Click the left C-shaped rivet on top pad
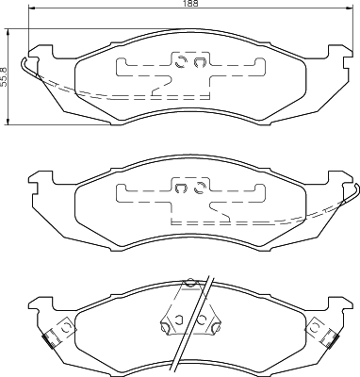pos(179,65)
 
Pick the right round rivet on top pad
pos(199,65)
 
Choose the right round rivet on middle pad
pos(199,188)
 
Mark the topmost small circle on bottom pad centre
pos(190,282)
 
